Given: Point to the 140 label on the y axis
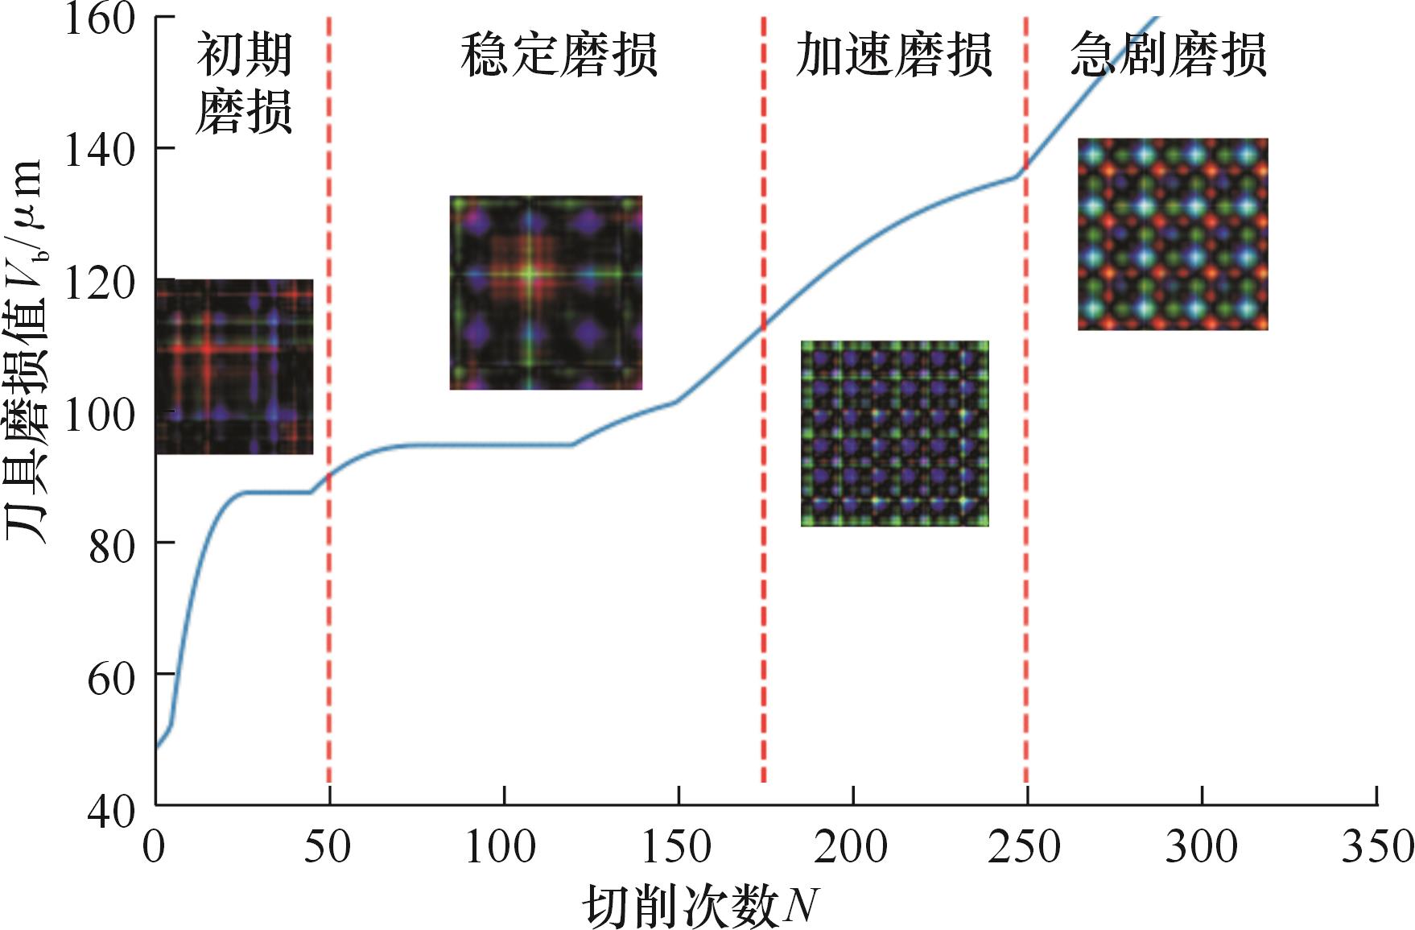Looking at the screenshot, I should click(x=99, y=150).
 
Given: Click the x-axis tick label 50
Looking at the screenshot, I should click(x=328, y=847).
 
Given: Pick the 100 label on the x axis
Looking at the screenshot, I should click(x=501, y=847).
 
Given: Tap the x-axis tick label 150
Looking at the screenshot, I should click(x=676, y=847).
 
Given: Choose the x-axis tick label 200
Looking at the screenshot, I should click(x=851, y=847).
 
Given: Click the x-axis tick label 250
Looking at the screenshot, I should click(x=1025, y=847).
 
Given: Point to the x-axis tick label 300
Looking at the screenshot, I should click(x=1201, y=847).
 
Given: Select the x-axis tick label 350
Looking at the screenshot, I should click(x=1376, y=847).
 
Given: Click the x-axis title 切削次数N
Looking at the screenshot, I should click(x=700, y=906).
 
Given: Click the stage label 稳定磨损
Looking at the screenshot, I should click(x=559, y=55).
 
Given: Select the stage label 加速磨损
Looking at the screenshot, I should click(x=893, y=55).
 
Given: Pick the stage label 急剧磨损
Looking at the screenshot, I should click(x=1169, y=55).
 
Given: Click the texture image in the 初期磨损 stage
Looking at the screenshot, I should click(x=234, y=366).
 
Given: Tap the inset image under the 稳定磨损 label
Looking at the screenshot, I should click(x=546, y=292).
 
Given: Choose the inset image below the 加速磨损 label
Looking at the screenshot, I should click(x=894, y=433).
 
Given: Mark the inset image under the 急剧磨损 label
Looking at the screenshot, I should click(x=1173, y=234).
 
